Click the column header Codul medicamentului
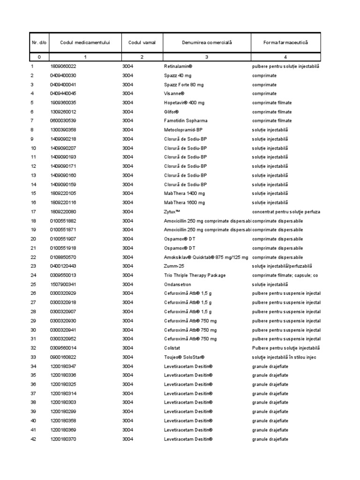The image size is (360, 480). pyautogui.click(x=85, y=43)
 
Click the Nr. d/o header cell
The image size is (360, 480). pyautogui.click(x=39, y=43)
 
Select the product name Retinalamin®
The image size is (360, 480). pyautogui.click(x=180, y=67)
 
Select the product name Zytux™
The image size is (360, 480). pyautogui.click(x=172, y=212)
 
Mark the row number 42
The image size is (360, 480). pyautogui.click(x=33, y=439)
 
